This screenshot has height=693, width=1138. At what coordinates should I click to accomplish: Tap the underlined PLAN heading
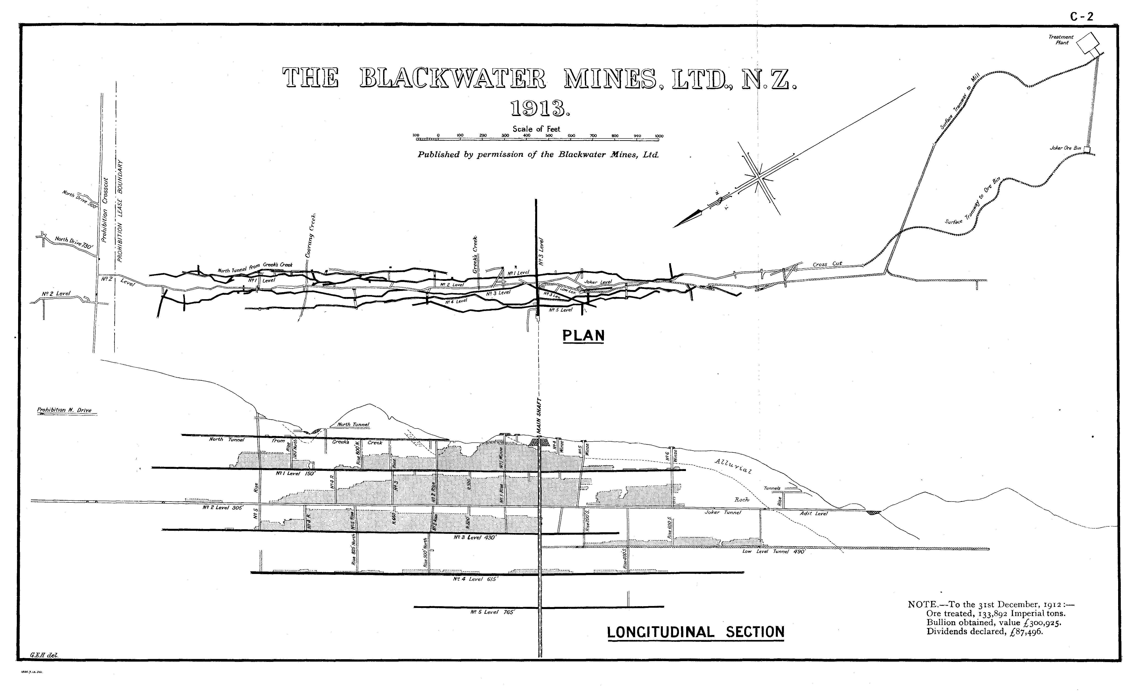coord(583,336)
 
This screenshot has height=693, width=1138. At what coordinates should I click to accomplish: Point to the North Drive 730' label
coord(74,242)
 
